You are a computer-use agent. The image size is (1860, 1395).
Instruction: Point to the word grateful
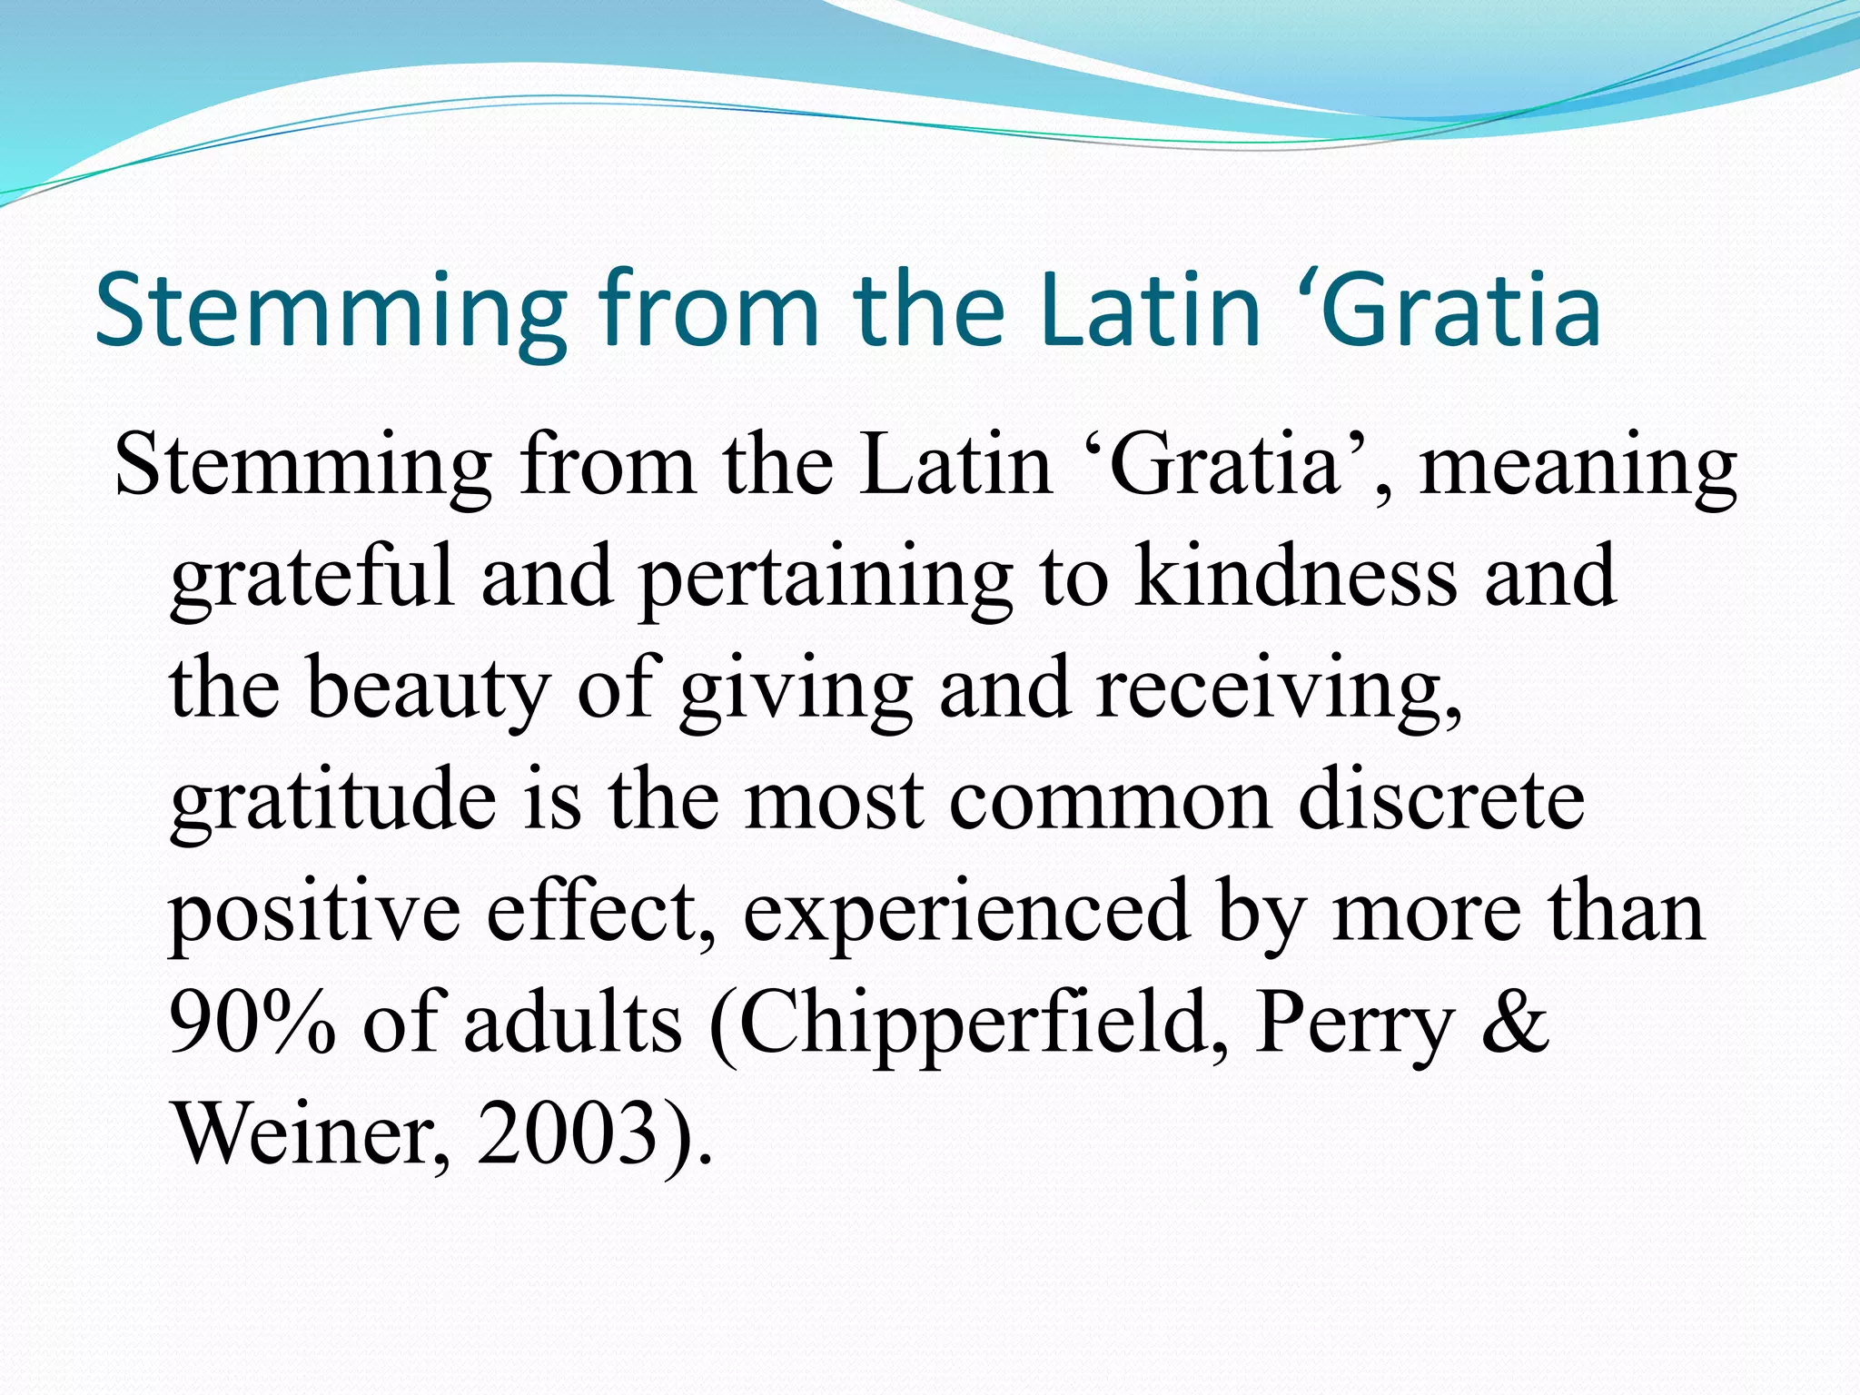(x=312, y=579)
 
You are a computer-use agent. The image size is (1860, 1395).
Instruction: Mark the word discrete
(x=1441, y=800)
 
